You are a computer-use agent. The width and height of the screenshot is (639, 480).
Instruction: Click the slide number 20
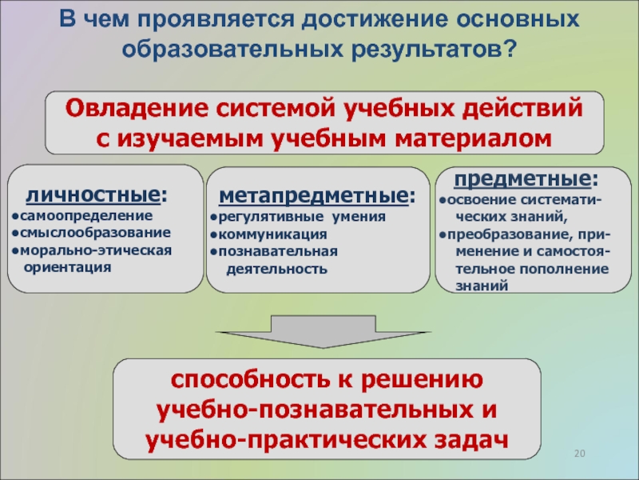581,455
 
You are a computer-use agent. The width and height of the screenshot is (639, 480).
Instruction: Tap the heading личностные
95,194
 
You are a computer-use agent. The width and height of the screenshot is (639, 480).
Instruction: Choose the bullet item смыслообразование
94,233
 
